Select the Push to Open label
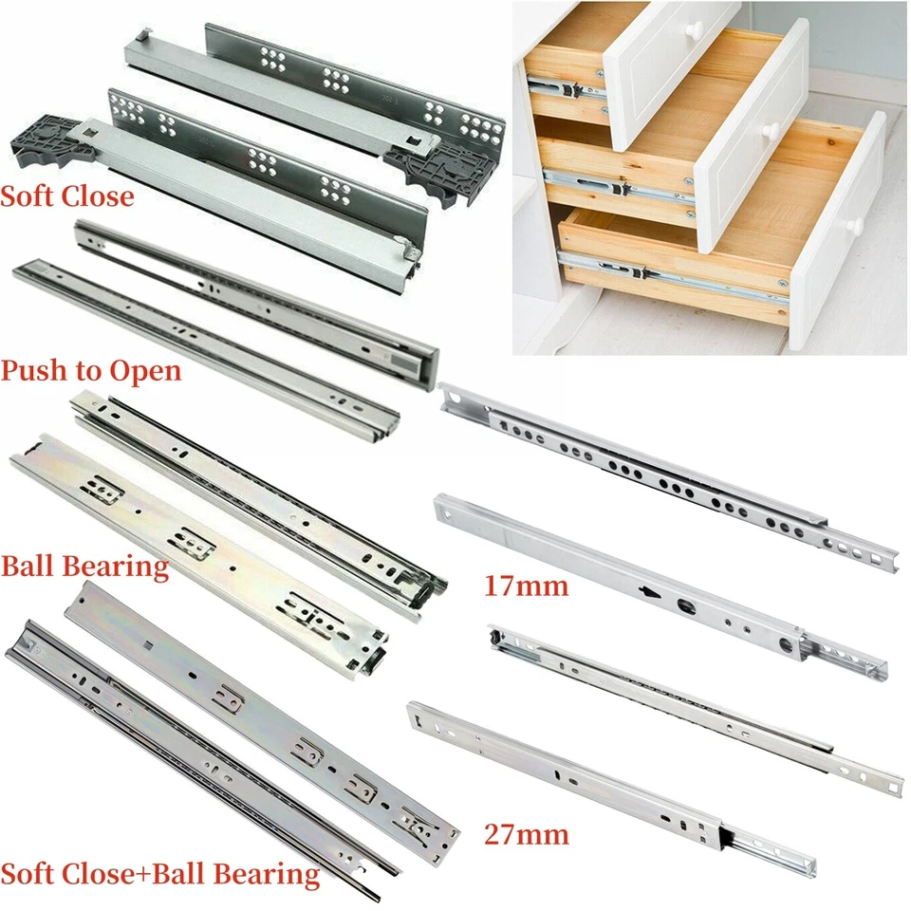(x=90, y=370)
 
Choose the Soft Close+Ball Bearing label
(x=159, y=873)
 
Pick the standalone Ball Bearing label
(x=84, y=567)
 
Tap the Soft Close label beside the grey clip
(x=66, y=197)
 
